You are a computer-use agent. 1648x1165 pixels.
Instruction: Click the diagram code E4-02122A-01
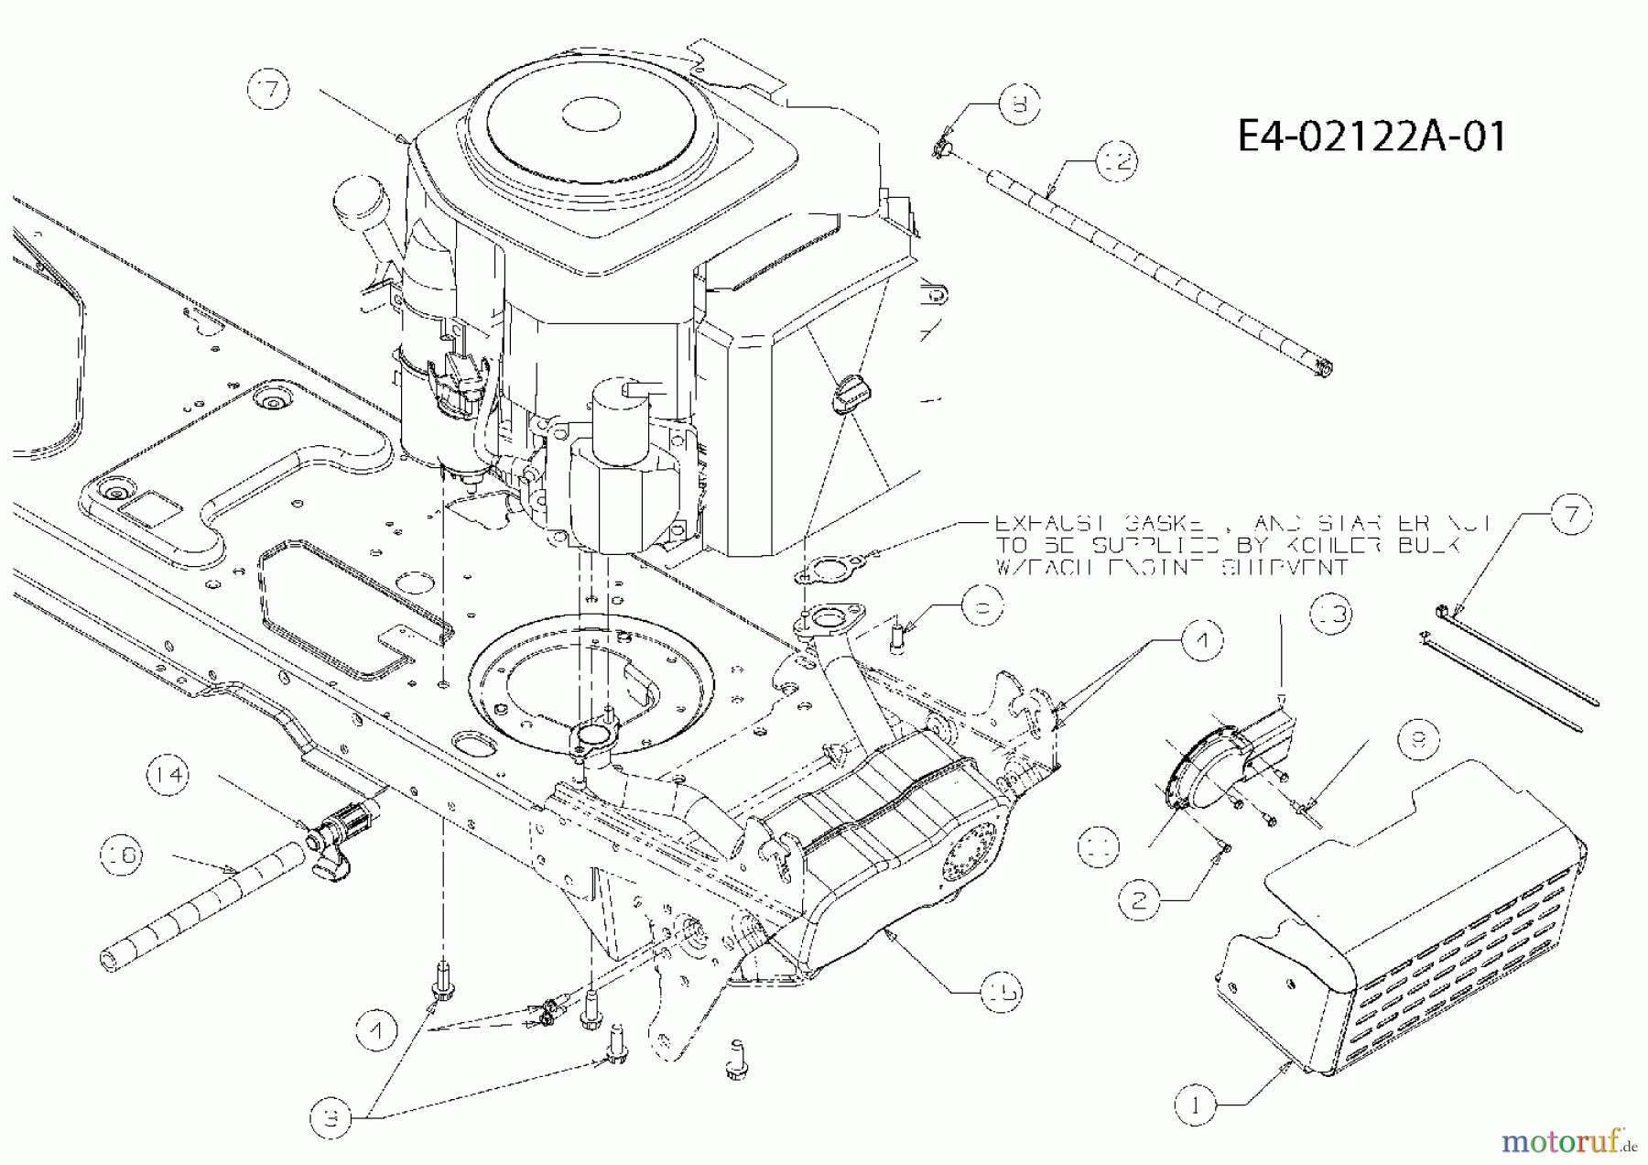1371,137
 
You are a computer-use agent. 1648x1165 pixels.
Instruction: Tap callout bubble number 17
268,91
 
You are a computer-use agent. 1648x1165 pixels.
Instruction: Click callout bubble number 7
1571,515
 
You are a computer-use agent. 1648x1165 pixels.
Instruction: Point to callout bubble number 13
1331,614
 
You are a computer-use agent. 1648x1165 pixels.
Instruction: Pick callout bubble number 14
168,775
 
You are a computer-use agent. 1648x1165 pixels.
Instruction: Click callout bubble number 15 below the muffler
1001,991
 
